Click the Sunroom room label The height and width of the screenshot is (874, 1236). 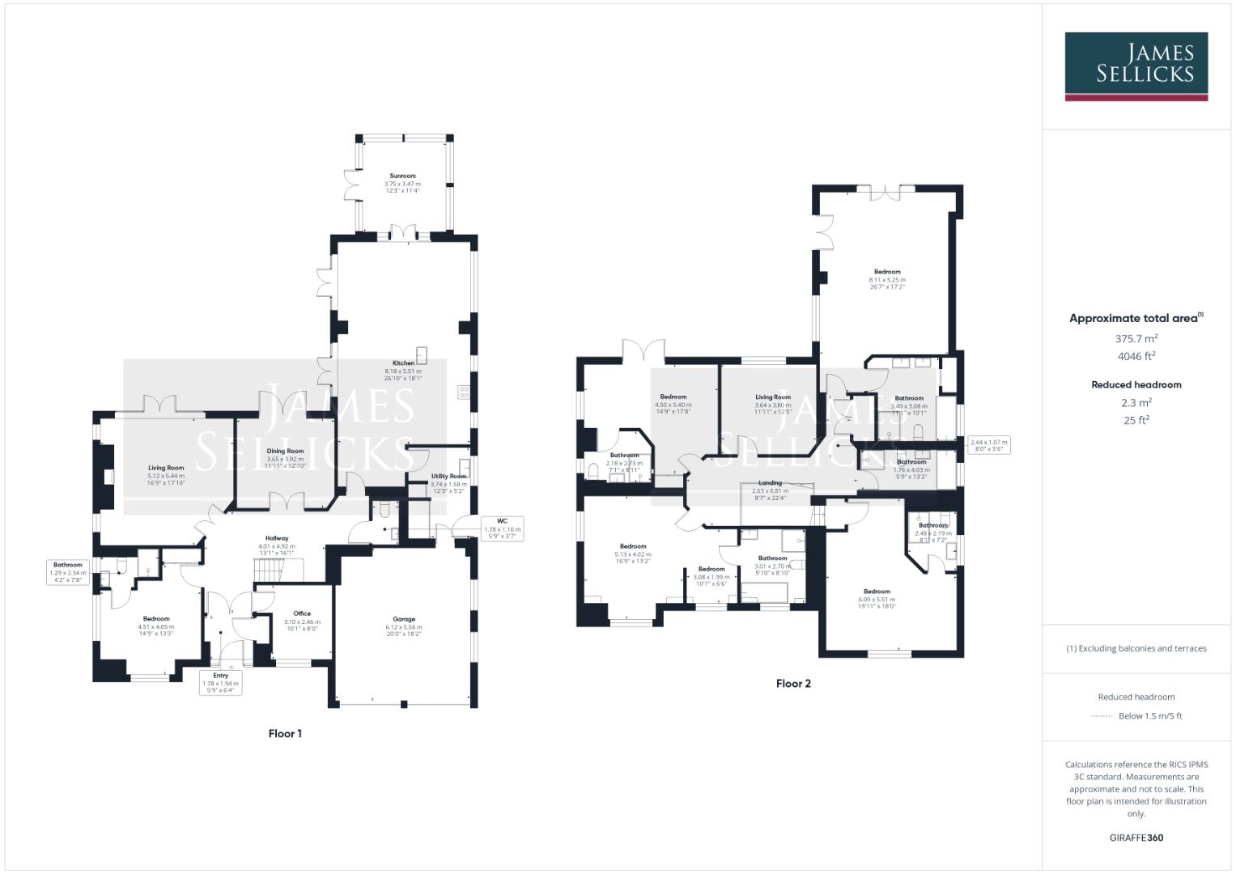402,176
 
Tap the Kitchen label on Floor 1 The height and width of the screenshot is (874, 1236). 403,363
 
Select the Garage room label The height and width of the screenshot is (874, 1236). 404,619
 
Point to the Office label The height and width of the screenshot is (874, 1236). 302,613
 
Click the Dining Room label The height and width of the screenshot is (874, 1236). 285,452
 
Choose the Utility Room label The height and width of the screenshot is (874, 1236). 449,476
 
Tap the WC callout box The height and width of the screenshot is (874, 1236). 502,528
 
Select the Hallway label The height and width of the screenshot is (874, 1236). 277,538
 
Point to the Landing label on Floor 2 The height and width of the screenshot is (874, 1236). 770,483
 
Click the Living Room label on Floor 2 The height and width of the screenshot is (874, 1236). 773,397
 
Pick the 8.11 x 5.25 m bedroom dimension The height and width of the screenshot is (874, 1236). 887,280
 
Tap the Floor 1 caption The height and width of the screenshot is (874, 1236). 285,734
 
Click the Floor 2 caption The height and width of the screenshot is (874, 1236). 793,684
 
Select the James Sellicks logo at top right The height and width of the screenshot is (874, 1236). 1136,66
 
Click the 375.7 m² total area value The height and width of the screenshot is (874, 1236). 1136,339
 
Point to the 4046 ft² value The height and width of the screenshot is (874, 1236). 1136,356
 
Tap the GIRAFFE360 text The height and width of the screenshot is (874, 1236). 1136,838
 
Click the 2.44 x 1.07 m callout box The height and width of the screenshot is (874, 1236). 989,444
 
